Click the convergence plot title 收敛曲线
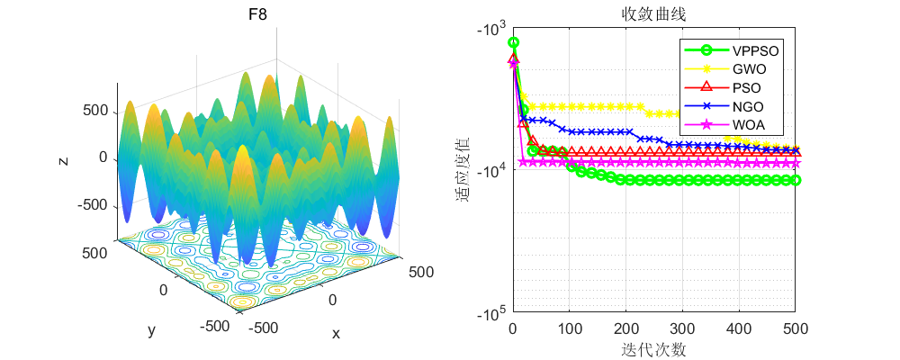[653, 14]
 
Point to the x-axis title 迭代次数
[653, 348]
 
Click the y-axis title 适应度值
[464, 170]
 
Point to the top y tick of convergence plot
[491, 30]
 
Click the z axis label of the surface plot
[62, 160]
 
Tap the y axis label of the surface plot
[151, 330]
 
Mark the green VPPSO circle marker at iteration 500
[796, 180]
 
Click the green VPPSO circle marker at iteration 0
[514, 42]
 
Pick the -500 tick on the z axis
[94, 205]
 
